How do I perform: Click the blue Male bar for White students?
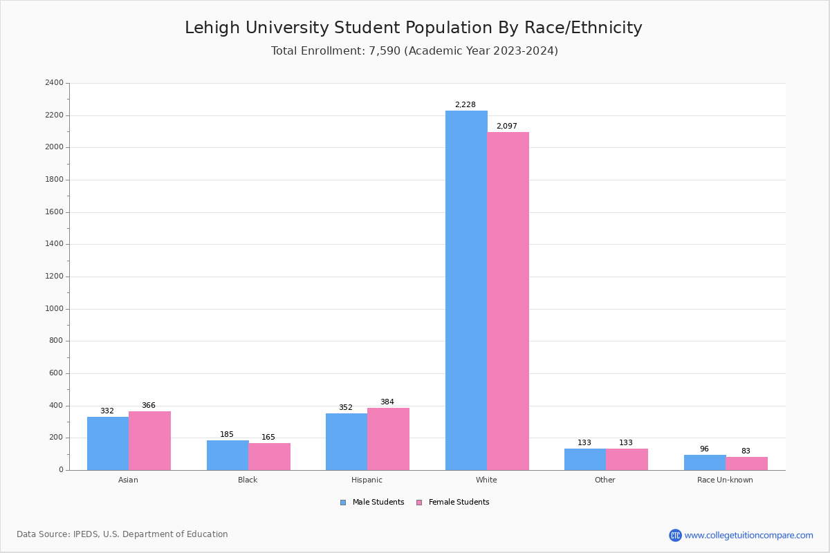click(466, 290)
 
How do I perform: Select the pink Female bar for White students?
click(508, 301)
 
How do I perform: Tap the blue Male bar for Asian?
click(108, 443)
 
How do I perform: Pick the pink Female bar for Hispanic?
click(388, 439)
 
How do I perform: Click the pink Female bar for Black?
click(269, 456)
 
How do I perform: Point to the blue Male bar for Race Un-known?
click(705, 462)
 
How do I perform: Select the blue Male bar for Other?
click(585, 459)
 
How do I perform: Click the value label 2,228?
click(465, 105)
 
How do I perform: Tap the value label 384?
click(387, 402)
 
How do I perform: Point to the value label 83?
click(746, 451)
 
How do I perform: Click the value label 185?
click(227, 435)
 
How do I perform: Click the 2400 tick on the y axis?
click(54, 83)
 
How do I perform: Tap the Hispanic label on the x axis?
click(367, 480)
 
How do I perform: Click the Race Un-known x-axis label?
click(725, 480)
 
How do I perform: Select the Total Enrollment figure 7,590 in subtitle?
click(385, 51)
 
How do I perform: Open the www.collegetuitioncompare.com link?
click(748, 535)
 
